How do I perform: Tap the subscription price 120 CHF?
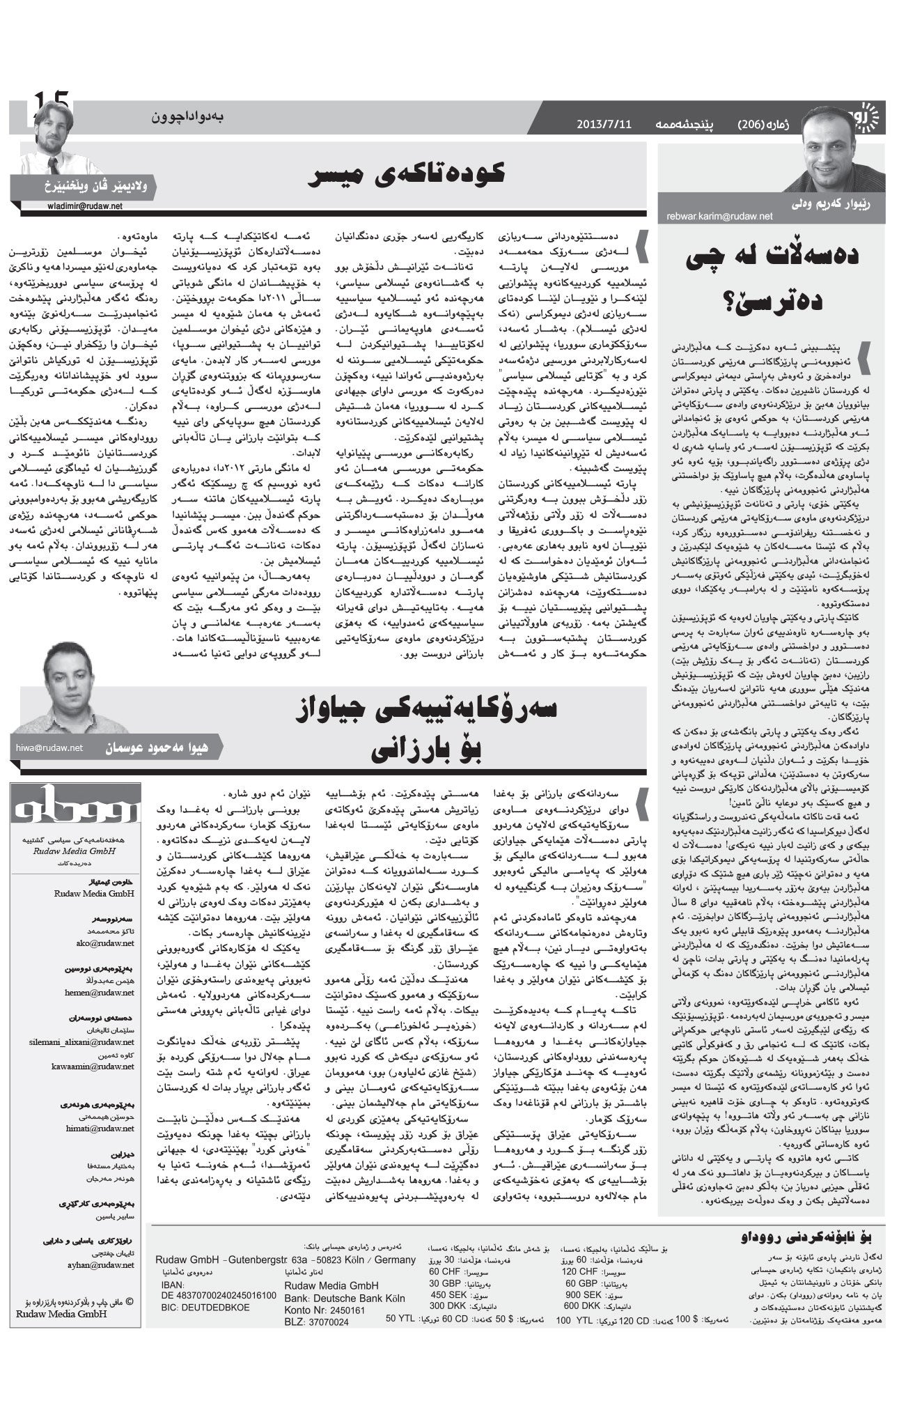581,1271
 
